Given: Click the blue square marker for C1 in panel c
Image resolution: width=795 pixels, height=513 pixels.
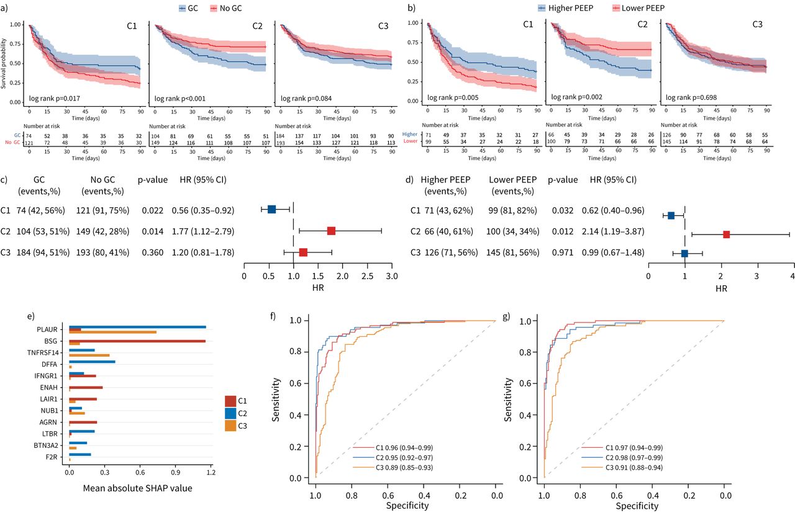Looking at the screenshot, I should click(x=271, y=209).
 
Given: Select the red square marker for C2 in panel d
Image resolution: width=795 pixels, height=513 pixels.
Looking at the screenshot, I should click(x=726, y=234).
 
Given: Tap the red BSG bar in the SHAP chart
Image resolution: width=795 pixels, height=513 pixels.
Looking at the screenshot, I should click(x=137, y=341).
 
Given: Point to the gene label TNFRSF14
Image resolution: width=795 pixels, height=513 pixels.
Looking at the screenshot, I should click(x=47, y=352).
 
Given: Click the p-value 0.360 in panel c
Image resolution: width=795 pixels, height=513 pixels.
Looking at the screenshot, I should click(x=152, y=253).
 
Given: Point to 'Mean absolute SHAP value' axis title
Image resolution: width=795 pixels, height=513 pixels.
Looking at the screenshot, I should click(x=137, y=488).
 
